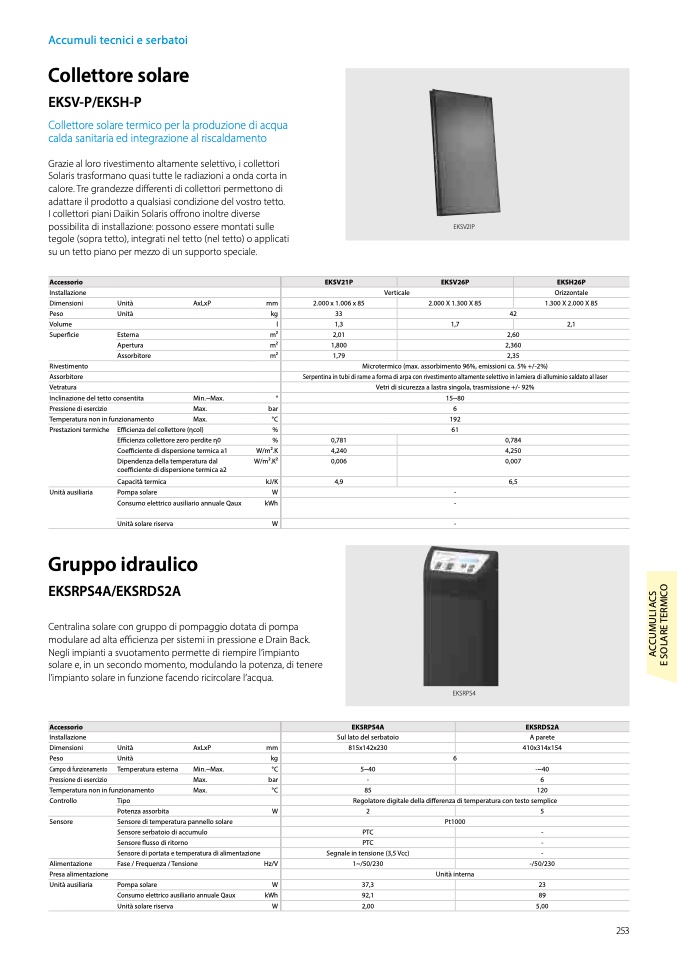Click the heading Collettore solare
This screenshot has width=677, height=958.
[118, 75]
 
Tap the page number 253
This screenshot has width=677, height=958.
[622, 931]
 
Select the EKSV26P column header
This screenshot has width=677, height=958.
[455, 283]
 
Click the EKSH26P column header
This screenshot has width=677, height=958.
[570, 283]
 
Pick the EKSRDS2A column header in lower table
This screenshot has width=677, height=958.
[541, 727]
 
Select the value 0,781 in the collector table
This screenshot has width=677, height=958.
[339, 440]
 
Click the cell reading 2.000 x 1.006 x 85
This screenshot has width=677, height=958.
[339, 303]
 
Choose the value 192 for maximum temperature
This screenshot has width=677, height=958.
[455, 419]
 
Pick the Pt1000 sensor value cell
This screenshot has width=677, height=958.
[455, 821]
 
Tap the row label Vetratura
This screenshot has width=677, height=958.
[63, 387]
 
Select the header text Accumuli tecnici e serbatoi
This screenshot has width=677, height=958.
[118, 40]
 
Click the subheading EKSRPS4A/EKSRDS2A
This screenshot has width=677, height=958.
[114, 591]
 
